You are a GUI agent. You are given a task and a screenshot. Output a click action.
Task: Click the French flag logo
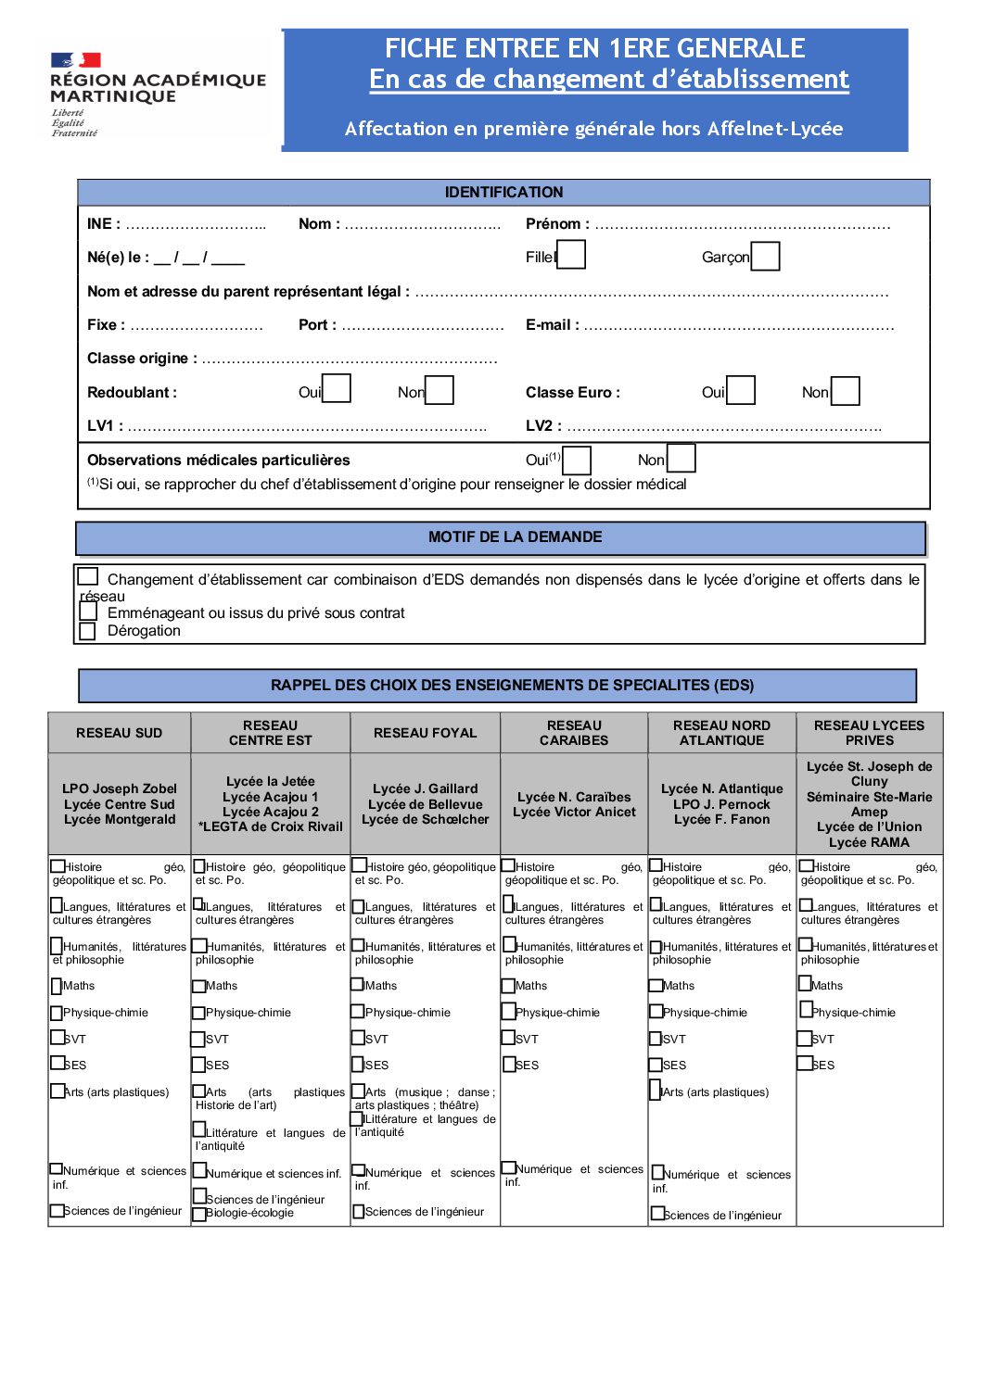click(76, 60)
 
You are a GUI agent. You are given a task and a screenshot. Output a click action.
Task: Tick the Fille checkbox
click(571, 255)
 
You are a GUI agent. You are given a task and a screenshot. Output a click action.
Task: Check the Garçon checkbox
click(765, 256)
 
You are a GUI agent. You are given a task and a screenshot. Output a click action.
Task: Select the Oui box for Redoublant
click(337, 389)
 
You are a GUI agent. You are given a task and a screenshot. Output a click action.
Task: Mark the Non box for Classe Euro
click(845, 391)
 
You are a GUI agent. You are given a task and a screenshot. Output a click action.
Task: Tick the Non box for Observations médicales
click(681, 458)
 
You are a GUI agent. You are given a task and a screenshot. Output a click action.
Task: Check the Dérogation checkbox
click(88, 631)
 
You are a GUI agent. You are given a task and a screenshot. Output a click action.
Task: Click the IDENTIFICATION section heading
click(503, 193)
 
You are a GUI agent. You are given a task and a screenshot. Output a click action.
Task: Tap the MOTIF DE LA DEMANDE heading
click(515, 537)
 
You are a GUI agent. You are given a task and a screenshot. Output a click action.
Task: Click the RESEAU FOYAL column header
click(425, 733)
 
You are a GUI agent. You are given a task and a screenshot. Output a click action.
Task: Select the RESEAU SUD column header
click(119, 733)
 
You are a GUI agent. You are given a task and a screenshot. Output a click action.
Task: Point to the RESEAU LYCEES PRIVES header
click(869, 733)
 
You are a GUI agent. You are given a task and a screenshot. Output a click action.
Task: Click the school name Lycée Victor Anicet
click(574, 813)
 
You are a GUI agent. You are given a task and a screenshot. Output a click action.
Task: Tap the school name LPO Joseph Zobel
click(120, 788)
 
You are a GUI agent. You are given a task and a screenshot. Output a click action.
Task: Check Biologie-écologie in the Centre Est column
click(198, 1214)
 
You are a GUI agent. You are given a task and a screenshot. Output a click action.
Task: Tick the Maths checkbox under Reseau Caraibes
click(508, 986)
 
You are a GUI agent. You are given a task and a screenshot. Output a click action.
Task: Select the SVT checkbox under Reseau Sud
click(57, 1038)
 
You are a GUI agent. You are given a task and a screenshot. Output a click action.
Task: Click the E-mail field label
click(552, 325)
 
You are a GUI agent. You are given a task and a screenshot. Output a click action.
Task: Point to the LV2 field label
click(542, 426)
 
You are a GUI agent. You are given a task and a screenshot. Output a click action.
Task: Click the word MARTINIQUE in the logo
click(113, 96)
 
